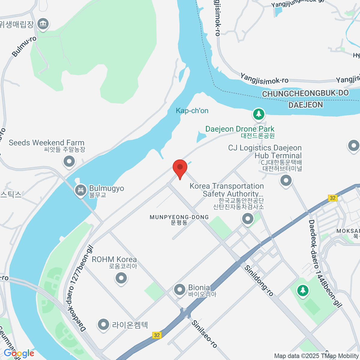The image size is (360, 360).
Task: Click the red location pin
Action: point(180,167)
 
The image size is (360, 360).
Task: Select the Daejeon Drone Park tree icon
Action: point(259,114)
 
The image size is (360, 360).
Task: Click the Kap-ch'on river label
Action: point(192,111)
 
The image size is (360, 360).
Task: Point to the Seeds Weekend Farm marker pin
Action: point(69,162)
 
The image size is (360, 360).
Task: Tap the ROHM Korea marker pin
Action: point(121,278)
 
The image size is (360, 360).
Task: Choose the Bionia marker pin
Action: point(180,290)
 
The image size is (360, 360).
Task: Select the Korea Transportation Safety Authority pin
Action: point(248,219)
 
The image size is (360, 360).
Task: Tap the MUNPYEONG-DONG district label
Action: point(179,217)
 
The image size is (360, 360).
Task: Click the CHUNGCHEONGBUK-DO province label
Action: point(305,94)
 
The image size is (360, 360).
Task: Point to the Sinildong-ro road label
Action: point(259,280)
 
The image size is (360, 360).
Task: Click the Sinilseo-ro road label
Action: point(204,334)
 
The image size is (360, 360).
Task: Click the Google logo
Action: point(19,353)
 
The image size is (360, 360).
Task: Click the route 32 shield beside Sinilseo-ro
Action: point(157,335)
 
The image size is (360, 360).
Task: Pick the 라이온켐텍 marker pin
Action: point(103,325)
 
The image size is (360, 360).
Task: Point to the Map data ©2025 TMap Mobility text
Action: point(316,356)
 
